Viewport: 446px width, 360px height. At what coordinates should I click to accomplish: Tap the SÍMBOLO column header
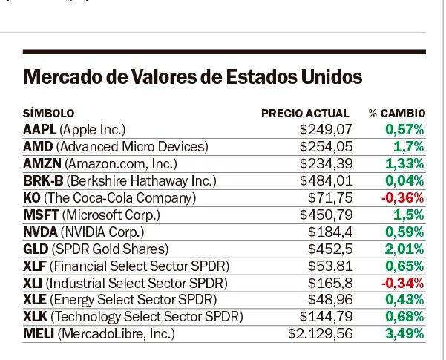(x=49, y=114)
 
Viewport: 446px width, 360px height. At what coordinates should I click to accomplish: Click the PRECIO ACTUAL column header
(x=305, y=114)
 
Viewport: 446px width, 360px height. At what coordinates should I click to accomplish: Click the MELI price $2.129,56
(x=318, y=334)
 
